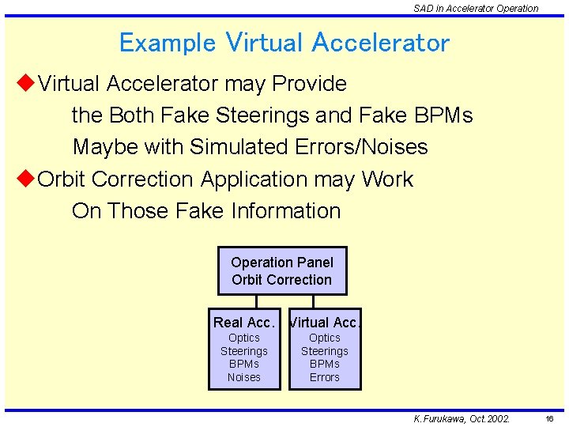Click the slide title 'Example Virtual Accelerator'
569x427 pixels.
pyautogui.click(x=284, y=43)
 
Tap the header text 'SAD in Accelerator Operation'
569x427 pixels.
pyautogui.click(x=476, y=9)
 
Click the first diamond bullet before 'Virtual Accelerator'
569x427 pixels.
pyautogui.click(x=25, y=83)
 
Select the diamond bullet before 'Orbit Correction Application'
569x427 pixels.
pyautogui.click(x=25, y=179)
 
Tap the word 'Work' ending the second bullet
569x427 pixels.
pyautogui.click(x=387, y=179)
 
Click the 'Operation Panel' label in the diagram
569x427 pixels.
pyautogui.click(x=282, y=263)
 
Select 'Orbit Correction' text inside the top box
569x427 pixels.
pyautogui.click(x=282, y=280)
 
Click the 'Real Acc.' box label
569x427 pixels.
pyautogui.click(x=243, y=323)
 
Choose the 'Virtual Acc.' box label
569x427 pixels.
pyautogui.click(x=325, y=323)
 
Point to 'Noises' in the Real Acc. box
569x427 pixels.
pyautogui.click(x=244, y=377)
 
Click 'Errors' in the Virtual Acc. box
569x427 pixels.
pyautogui.click(x=325, y=377)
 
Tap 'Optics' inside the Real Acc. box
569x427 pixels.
pyautogui.click(x=244, y=338)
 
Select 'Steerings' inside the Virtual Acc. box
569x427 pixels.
pyautogui.click(x=325, y=351)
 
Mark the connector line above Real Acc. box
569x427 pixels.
pyautogui.click(x=257, y=301)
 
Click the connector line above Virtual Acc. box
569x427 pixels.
pyautogui.click(x=314, y=301)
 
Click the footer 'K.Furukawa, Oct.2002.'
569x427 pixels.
pyautogui.click(x=462, y=418)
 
